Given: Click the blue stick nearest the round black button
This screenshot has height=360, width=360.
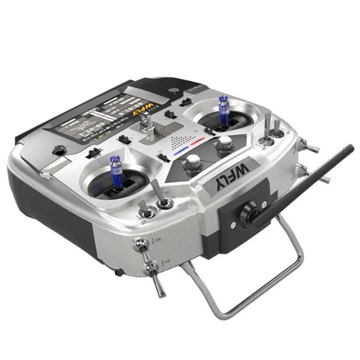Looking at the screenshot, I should coord(115,166).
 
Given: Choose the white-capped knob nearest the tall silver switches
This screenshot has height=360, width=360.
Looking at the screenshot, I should coord(224,143).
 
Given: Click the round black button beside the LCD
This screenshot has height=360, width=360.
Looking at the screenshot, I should coord(59,149).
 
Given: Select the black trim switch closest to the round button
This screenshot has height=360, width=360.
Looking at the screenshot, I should coord(94,153).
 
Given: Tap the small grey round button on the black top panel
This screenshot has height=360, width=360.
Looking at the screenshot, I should coord(172,89).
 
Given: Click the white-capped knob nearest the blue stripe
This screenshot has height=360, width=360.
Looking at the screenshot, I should coord(193,161).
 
